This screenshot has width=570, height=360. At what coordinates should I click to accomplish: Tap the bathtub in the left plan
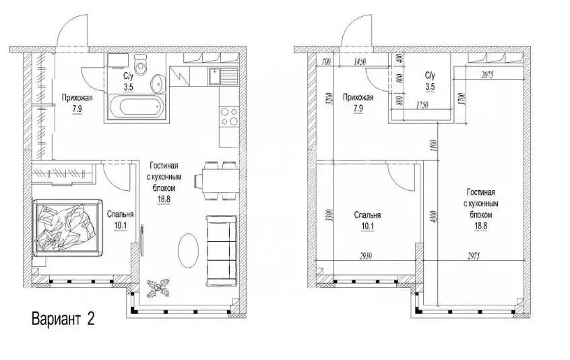(135, 107)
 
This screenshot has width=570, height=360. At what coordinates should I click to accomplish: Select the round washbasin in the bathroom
(158, 84)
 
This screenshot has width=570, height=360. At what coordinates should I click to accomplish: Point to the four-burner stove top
(229, 117)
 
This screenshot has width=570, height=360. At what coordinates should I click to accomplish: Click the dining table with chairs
(216, 181)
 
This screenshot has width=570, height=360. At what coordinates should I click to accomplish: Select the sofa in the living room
(222, 251)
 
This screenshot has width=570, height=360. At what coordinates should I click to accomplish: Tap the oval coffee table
(188, 250)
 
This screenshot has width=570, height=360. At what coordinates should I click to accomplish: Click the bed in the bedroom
(67, 228)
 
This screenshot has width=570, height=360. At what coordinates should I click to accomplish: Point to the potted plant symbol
(158, 288)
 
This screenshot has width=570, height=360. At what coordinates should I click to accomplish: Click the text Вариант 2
(63, 319)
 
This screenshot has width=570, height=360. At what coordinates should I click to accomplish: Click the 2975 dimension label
(472, 256)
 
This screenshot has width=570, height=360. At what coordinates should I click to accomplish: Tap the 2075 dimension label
(487, 76)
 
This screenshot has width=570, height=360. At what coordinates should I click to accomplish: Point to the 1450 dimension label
(359, 62)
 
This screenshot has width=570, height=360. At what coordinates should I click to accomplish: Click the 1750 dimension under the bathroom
(421, 105)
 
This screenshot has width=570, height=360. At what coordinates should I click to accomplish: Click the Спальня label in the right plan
(367, 215)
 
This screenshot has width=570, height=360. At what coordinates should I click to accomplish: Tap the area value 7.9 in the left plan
(77, 109)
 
